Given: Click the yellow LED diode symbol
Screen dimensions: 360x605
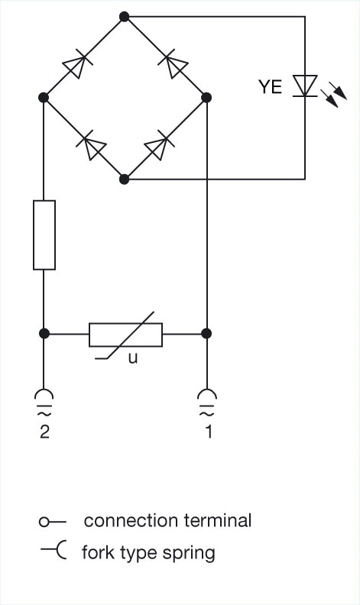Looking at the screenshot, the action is [x=305, y=86].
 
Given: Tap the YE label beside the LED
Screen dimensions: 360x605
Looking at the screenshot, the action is [x=270, y=87].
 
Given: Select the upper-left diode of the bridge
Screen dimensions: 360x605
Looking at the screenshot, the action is [x=78, y=63].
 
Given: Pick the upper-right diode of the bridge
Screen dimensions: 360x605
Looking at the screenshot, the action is [x=172, y=63].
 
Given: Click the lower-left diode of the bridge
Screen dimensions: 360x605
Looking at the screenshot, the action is [x=91, y=144].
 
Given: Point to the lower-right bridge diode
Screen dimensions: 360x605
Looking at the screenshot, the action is [x=159, y=144].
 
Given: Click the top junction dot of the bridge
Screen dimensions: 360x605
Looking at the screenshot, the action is [x=124, y=17].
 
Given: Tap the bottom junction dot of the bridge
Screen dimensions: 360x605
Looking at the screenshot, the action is [x=124, y=179].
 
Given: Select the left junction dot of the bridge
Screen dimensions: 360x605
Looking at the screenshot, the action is [x=44, y=98].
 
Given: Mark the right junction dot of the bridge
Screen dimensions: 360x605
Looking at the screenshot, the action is [x=206, y=98].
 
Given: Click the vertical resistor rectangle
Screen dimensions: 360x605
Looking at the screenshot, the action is [x=44, y=235].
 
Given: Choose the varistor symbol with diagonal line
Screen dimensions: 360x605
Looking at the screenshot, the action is [x=126, y=335].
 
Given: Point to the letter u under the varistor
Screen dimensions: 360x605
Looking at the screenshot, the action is [x=133, y=358].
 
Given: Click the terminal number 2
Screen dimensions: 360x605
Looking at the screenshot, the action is [x=44, y=432].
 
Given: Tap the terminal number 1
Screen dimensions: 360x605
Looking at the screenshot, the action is [x=208, y=432].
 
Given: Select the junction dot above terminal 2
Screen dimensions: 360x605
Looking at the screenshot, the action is [x=44, y=333].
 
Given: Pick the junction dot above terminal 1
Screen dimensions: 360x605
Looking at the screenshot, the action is [x=206, y=333].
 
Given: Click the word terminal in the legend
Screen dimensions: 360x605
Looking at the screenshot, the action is [x=218, y=520].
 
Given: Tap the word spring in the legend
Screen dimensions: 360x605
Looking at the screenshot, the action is [x=189, y=554].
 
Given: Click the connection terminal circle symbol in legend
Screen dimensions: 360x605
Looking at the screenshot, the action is [x=44, y=522].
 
